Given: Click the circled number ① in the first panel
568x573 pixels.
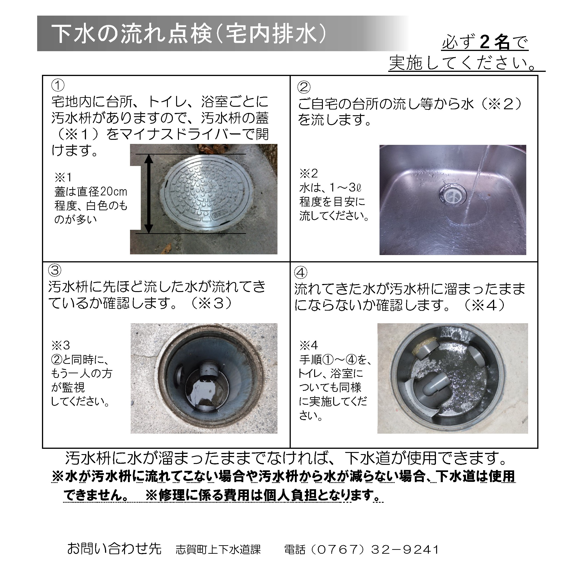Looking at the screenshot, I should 58,85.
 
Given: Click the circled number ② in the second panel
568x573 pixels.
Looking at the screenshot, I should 304,87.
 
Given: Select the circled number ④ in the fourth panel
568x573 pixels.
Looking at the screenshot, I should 301,272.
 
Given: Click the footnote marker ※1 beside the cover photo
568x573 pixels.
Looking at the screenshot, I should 63,177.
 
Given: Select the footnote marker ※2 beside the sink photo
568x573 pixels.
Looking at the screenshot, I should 308,173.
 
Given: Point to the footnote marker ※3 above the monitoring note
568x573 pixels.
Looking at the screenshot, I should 61,345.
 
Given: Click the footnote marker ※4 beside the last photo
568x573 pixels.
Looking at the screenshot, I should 308,345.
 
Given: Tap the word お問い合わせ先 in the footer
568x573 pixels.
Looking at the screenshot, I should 114,549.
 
